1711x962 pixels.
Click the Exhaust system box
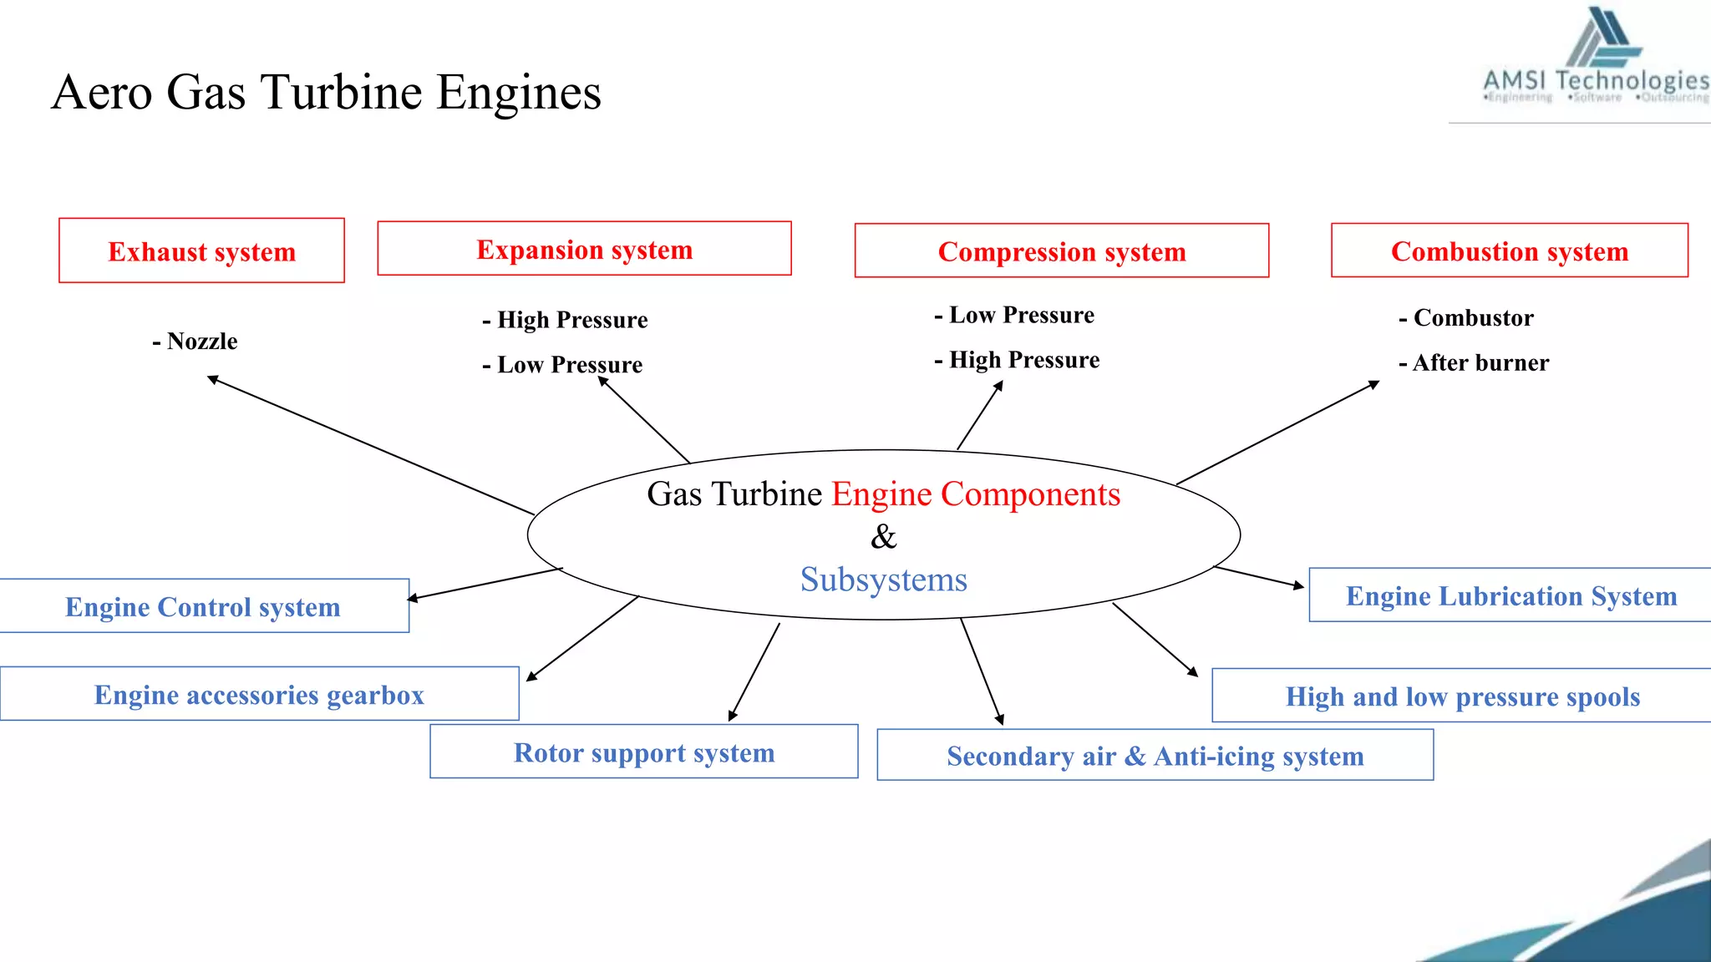(x=201, y=251)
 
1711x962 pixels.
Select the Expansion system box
(x=584, y=249)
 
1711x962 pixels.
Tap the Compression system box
(x=1061, y=251)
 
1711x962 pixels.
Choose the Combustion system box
(x=1509, y=251)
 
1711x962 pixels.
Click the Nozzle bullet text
(x=195, y=341)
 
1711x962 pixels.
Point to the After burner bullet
(x=1474, y=362)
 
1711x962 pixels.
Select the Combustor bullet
(x=1466, y=317)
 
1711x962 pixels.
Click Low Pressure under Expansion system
(x=562, y=364)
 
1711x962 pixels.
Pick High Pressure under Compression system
(x=1017, y=359)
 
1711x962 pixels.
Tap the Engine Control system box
(x=203, y=606)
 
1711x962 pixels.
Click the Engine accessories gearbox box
(x=259, y=694)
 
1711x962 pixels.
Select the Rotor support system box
(x=643, y=752)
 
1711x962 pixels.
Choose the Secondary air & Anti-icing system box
(x=1155, y=755)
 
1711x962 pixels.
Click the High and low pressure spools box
(x=1462, y=696)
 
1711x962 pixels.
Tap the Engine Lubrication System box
(x=1510, y=595)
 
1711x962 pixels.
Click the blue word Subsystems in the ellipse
(x=883, y=579)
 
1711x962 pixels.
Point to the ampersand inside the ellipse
(x=883, y=536)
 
